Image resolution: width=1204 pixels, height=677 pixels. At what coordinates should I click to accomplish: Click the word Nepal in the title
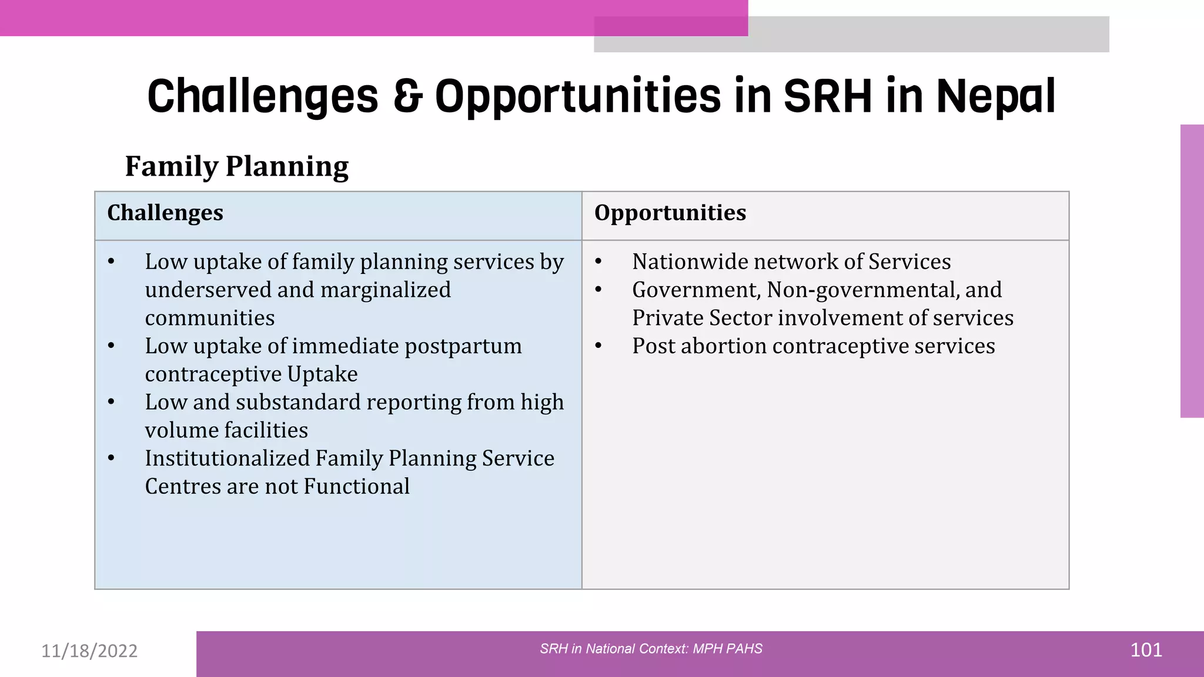[996, 96]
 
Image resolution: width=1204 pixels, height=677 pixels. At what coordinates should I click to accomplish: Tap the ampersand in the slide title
[407, 96]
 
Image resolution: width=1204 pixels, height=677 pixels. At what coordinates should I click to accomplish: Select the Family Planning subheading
[237, 166]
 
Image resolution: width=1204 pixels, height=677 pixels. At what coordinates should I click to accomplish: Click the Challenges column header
[165, 213]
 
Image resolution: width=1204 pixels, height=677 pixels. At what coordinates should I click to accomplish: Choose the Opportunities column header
[670, 213]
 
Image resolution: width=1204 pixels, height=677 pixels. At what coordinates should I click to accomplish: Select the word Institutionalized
[228, 458]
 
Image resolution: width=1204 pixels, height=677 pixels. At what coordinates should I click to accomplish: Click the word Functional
[357, 487]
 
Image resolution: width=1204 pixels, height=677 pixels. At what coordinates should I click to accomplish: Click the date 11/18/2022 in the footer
[89, 651]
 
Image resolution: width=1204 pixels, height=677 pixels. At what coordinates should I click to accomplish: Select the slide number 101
[1146, 651]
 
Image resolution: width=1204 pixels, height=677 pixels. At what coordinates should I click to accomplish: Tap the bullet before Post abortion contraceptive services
[598, 346]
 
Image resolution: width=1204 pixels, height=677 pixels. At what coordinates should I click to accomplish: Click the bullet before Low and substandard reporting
[112, 403]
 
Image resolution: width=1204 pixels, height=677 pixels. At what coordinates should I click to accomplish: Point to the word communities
[210, 318]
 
